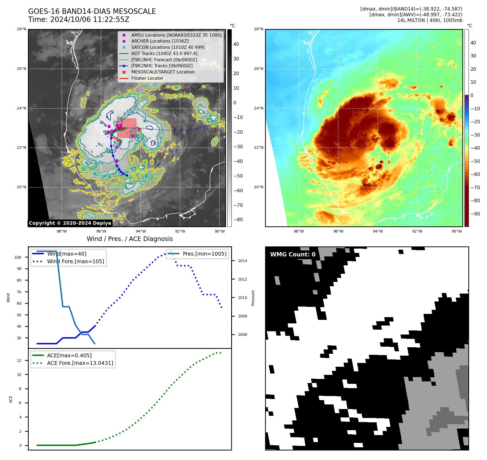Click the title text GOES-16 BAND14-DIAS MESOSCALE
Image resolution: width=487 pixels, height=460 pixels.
92,11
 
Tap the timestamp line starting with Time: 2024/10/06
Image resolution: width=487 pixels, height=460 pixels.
79,20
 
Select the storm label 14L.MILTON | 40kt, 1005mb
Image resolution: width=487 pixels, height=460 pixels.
430,20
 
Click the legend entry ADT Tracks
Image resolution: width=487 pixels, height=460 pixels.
164,53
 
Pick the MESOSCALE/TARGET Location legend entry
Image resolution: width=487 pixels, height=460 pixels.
163,72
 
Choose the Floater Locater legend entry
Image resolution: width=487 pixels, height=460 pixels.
147,78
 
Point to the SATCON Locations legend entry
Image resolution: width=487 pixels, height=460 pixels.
168,47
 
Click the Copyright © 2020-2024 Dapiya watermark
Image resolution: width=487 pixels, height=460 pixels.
70,223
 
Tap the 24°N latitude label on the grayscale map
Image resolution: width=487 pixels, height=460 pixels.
22,108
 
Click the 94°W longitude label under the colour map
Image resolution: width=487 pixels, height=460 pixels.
378,231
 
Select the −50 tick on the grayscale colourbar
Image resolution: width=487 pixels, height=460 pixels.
238,176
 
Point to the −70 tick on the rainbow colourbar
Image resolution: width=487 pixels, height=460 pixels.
475,188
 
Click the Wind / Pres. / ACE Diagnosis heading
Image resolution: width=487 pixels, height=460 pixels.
130,239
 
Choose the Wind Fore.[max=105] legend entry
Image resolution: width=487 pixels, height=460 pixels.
75,261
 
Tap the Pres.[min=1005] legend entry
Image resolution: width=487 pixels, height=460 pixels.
204,254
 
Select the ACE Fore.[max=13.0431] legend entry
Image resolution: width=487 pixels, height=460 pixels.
80,363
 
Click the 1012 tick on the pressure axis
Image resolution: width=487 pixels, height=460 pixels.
242,279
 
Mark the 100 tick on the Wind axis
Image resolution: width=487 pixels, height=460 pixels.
18,257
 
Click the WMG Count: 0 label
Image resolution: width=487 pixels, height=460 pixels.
293,254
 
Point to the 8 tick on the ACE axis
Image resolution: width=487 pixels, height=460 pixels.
20,389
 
